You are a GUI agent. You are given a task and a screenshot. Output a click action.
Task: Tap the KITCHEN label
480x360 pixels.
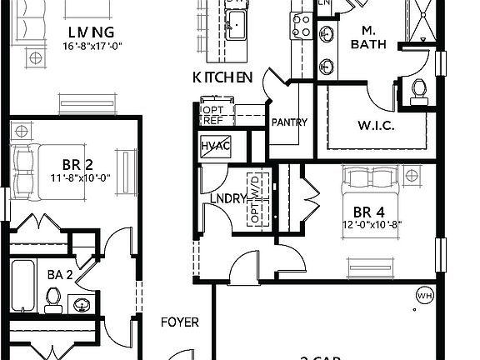(x=222, y=77)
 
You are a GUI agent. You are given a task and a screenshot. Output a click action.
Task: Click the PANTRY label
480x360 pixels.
(x=289, y=122)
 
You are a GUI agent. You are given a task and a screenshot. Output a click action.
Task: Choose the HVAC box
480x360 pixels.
(x=215, y=147)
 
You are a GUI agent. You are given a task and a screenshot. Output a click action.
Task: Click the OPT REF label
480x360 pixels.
(x=213, y=115)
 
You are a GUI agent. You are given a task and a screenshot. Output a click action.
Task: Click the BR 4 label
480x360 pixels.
(x=367, y=211)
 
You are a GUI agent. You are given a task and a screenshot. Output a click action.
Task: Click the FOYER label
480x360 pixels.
(x=179, y=322)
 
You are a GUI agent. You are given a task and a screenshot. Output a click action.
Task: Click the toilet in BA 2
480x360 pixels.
(x=54, y=297)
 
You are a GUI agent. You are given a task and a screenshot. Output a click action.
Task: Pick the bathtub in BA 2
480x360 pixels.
(x=23, y=286)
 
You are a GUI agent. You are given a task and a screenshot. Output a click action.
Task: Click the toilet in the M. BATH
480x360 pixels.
(x=417, y=87)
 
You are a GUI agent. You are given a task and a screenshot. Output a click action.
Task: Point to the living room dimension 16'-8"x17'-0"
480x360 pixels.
(x=92, y=46)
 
